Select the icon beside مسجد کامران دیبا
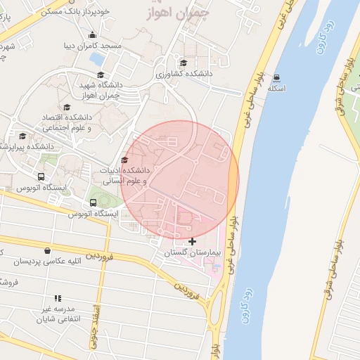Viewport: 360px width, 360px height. click(x=92, y=36)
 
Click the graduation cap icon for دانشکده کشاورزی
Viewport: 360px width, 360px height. click(x=184, y=63)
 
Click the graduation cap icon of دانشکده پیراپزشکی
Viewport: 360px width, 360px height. click(x=22, y=136)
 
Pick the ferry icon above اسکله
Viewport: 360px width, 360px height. click(x=276, y=78)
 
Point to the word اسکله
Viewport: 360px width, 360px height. click(x=276, y=89)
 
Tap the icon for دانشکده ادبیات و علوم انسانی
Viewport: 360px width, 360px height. click(x=125, y=161)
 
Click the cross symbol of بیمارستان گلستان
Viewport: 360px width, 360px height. click(x=193, y=242)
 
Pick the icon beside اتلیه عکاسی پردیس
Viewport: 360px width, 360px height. click(x=47, y=250)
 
